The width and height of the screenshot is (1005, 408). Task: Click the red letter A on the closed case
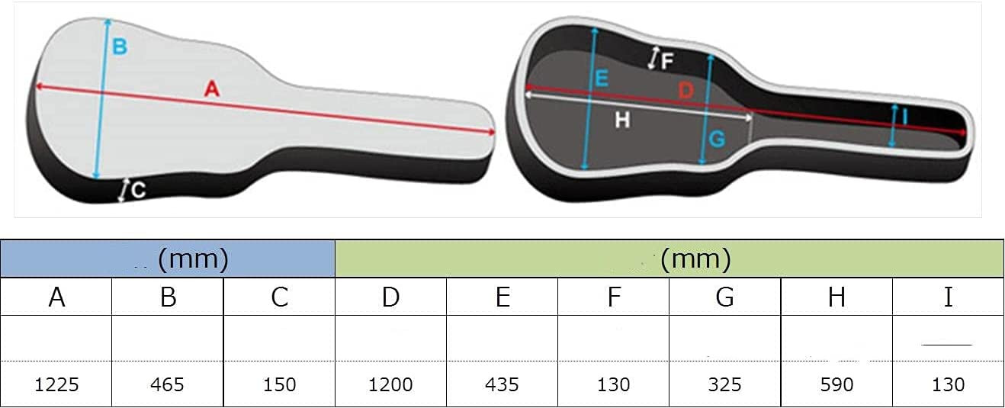212,88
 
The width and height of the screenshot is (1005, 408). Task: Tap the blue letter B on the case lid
120,47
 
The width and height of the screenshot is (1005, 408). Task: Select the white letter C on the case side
139,190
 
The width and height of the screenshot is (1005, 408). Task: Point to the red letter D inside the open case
686,91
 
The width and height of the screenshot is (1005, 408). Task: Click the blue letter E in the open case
602,79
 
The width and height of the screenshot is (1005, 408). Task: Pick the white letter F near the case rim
667,62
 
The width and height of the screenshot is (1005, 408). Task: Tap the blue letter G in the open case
717,139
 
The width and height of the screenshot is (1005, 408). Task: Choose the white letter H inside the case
622,120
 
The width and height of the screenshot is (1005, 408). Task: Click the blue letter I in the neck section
904,117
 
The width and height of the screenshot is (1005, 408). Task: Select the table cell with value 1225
56,384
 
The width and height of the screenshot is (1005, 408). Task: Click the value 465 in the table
167,384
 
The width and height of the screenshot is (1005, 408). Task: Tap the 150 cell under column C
279,384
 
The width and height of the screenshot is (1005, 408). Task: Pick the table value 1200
390,384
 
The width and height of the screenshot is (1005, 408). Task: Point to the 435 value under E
502,384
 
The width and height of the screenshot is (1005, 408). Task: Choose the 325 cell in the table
725,384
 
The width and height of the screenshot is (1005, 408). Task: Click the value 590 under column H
836,384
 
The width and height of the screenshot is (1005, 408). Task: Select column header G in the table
725,297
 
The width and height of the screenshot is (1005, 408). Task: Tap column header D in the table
390,297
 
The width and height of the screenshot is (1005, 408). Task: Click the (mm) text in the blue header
194,259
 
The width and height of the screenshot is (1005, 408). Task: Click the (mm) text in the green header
696,259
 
